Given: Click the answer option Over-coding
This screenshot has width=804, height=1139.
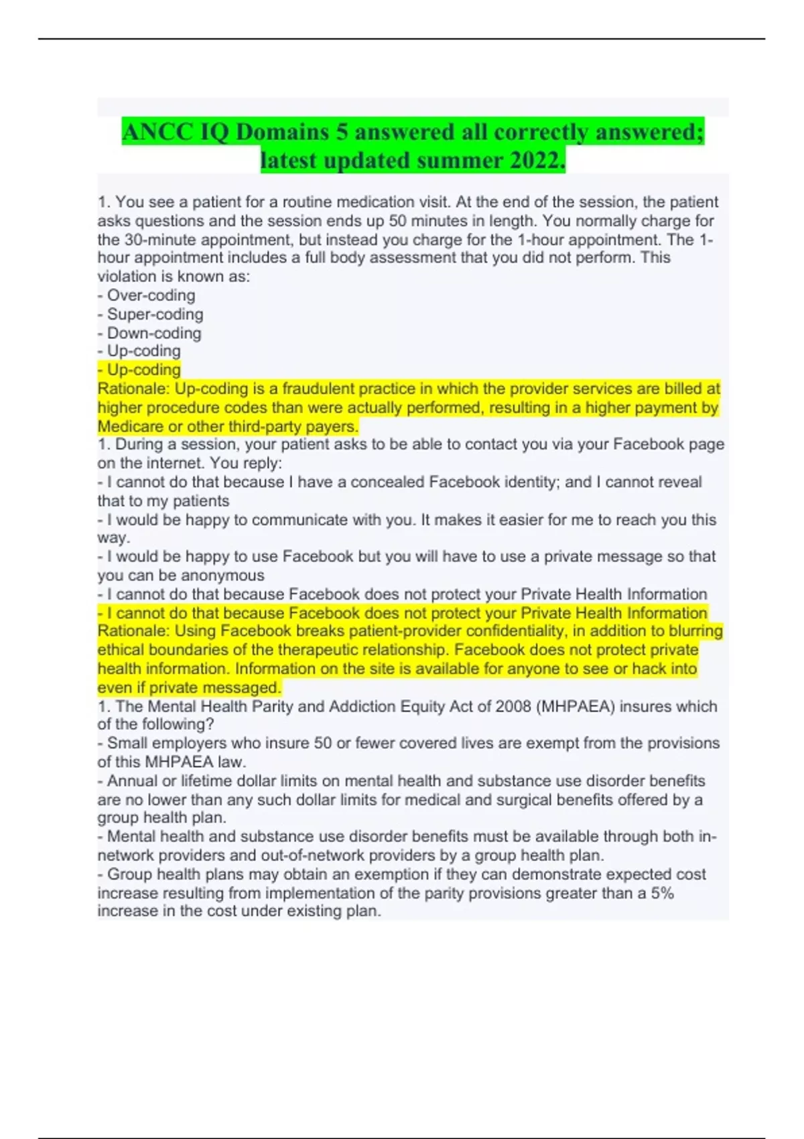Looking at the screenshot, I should pyautogui.click(x=151, y=295).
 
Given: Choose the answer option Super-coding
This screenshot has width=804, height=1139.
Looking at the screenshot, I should pyautogui.click(x=155, y=314).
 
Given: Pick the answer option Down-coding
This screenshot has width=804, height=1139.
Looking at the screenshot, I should pyautogui.click(x=153, y=333).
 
